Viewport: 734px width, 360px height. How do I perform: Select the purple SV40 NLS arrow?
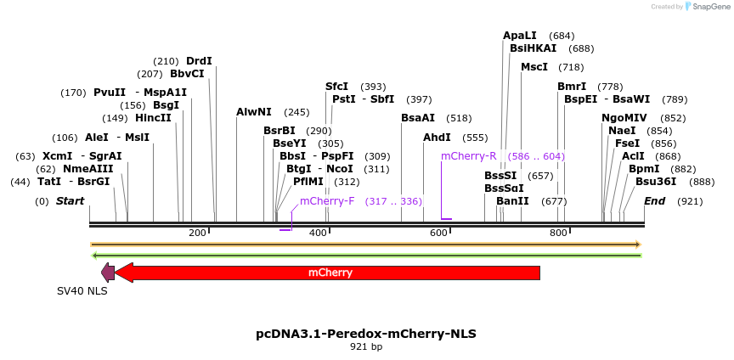(108, 273)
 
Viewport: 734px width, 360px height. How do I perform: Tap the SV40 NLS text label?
(82, 290)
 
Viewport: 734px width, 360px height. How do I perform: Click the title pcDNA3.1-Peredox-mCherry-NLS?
(366, 334)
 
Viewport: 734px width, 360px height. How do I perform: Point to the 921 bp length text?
(366, 346)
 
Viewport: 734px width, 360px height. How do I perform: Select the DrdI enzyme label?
(199, 61)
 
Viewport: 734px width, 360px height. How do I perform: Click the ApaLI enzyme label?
(520, 36)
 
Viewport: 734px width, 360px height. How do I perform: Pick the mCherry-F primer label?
(327, 201)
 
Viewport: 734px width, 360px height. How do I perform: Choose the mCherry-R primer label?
(468, 156)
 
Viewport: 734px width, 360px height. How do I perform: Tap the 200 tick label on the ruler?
(197, 233)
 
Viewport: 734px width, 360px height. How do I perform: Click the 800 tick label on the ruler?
(558, 233)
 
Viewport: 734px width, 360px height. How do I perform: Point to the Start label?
(71, 201)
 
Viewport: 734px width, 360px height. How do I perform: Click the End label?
(654, 201)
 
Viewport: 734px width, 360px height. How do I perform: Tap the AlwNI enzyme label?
(254, 112)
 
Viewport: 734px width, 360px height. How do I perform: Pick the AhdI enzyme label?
(438, 138)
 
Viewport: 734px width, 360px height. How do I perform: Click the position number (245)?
(296, 112)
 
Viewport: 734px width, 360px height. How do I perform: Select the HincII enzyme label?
(153, 118)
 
